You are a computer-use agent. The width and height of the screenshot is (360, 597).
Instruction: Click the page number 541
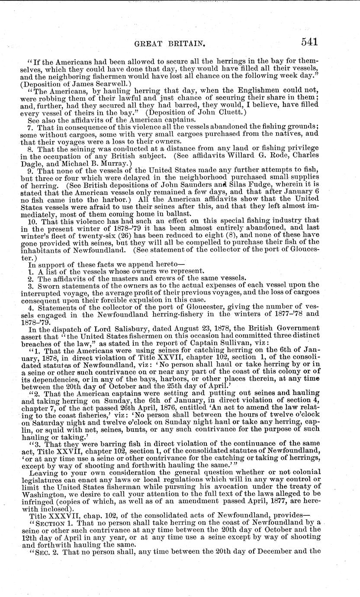pos(307,42)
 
